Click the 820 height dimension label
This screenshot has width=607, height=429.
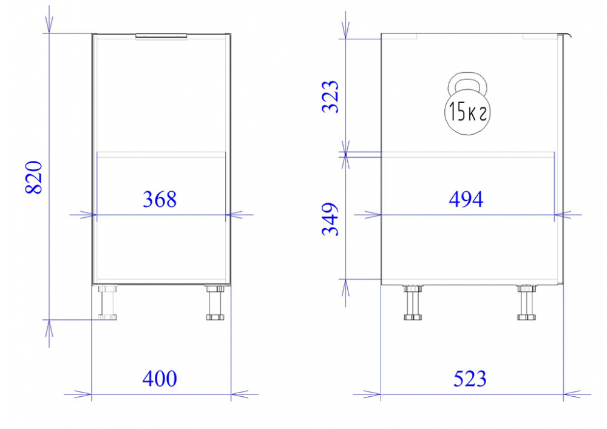pos(33,177)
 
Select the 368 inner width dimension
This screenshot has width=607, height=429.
pos(160,199)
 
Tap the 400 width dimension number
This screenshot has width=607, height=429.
pos(160,378)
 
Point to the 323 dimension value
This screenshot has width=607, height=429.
pos(330,96)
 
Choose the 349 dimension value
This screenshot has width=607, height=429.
pos(330,219)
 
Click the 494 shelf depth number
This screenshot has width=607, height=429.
pos(466,199)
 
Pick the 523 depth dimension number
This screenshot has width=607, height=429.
pos(470,378)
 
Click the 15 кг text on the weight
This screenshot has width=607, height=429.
pos(467,112)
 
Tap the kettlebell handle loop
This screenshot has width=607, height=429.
pos(467,77)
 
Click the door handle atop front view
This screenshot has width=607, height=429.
pos(161,36)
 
